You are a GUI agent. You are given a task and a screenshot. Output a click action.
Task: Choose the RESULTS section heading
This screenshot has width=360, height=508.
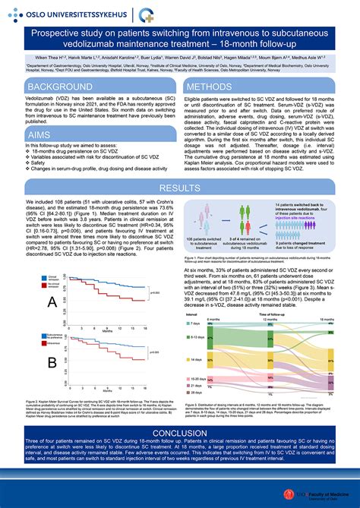tap(180, 188)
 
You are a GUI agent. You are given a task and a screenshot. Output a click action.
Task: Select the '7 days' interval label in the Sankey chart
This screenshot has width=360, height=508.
tap(194, 323)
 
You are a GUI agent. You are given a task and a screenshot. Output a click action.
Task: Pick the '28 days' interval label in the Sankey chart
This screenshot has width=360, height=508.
tap(194, 394)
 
